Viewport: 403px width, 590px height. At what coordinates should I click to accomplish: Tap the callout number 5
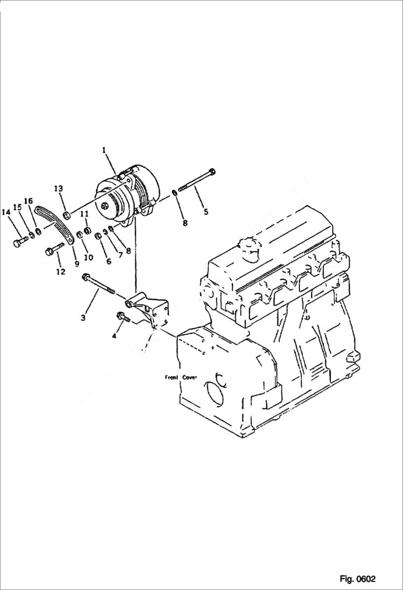click(x=206, y=212)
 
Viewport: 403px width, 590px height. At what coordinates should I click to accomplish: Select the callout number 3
click(x=83, y=318)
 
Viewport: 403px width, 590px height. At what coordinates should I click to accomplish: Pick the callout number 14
click(x=6, y=213)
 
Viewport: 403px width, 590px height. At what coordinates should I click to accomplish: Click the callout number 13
click(x=58, y=188)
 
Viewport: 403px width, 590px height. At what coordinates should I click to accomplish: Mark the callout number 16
click(x=28, y=202)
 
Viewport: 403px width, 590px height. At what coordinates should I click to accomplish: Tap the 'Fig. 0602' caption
click(x=357, y=579)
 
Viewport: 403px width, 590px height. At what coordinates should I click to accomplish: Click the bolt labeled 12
click(x=54, y=249)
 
